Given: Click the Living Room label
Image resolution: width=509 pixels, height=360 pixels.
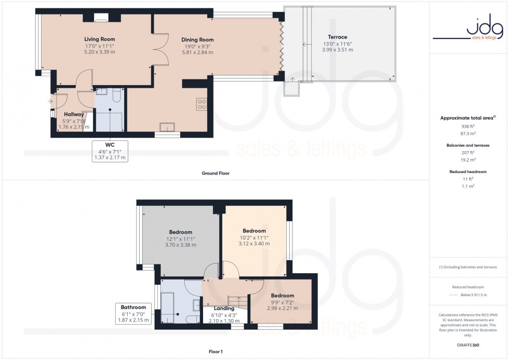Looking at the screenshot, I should click(100, 39).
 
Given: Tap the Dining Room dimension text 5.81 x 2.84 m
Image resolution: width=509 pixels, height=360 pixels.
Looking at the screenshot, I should click(197, 52).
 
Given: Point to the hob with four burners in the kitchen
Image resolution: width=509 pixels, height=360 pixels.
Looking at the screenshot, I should click(202, 103).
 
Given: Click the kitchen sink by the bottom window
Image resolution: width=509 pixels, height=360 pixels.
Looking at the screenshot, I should click(168, 127).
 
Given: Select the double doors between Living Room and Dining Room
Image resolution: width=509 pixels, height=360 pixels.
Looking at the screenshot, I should click(160, 50).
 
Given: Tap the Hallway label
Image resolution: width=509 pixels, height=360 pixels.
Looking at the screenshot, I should click(74, 114).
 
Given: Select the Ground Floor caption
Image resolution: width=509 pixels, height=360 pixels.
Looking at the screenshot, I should click(216, 173).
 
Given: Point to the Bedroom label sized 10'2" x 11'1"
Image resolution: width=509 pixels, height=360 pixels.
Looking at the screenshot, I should click(254, 231).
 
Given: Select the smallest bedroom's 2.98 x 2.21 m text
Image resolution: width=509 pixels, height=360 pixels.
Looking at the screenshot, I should click(282, 308).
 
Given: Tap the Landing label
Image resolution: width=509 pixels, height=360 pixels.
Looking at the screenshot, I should click(224, 308).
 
